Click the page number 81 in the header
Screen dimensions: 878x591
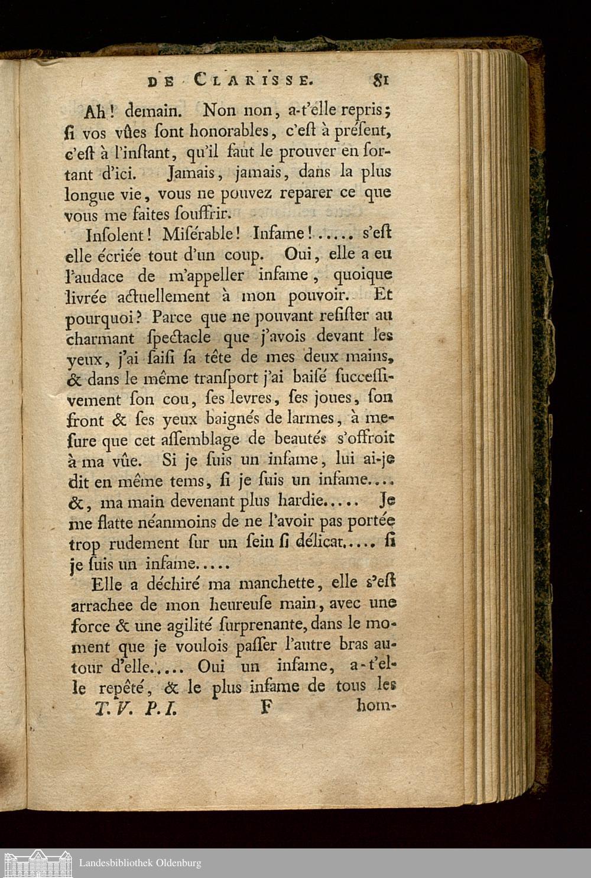379,79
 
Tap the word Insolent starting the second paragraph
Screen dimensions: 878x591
112,235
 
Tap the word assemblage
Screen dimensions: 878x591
204,440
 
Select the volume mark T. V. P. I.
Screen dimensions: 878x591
135,708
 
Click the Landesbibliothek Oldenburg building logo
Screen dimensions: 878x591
37,863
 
